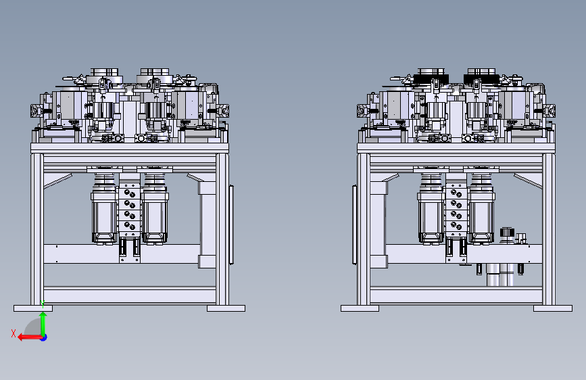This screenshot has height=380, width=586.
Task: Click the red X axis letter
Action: pyautogui.click(x=14, y=333)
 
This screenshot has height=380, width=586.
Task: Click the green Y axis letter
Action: pyautogui.click(x=43, y=304)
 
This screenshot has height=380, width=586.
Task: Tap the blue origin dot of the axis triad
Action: pyautogui.click(x=44, y=337)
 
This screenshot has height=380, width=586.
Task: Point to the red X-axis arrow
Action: pyautogui.click(x=30, y=337)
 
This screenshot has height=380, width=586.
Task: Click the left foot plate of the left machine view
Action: pyautogui.click(x=33, y=308)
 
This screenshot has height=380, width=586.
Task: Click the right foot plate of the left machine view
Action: pyautogui.click(x=226, y=308)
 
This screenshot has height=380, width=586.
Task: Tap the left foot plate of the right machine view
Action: pyautogui.click(x=360, y=308)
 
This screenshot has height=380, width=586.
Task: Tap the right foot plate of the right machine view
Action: pyautogui.click(x=553, y=308)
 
